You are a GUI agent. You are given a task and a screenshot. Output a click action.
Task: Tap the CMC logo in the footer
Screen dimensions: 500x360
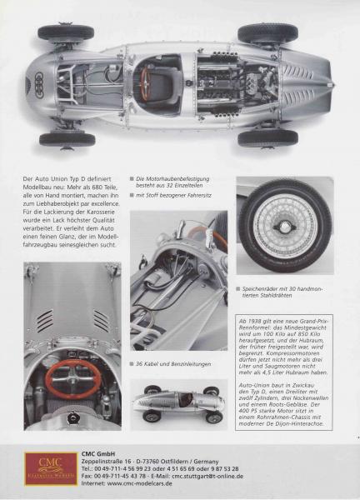coord(50,468)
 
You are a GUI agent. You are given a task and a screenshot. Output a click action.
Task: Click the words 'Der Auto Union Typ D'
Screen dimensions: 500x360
coord(58,179)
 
